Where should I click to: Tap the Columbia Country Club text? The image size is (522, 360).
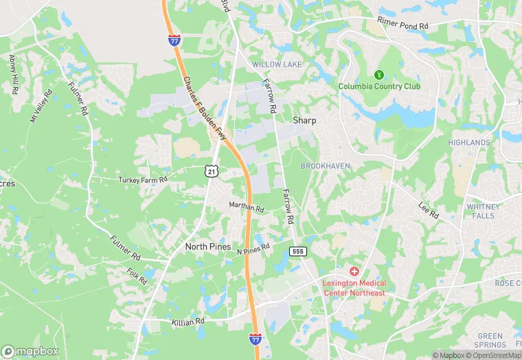(378, 87)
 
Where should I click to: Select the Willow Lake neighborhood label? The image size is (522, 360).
(276, 64)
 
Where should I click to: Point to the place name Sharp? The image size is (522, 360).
(304, 120)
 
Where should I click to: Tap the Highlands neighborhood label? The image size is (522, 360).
(469, 143)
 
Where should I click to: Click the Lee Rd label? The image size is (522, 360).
(427, 211)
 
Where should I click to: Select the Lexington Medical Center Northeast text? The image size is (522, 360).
(354, 288)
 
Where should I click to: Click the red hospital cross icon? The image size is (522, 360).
(354, 272)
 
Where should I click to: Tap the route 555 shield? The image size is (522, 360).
(297, 251)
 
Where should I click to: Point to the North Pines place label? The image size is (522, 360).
(207, 245)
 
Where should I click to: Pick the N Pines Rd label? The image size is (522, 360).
(253, 249)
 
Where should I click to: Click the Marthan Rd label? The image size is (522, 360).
(246, 207)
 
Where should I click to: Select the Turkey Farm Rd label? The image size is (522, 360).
(143, 180)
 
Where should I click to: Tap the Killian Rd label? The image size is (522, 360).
(188, 321)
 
